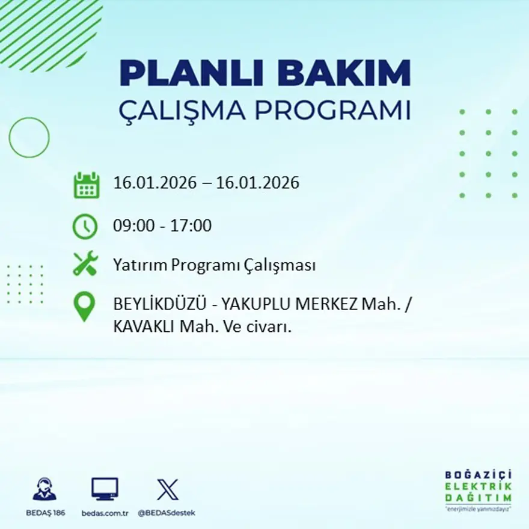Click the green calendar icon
tap(86, 185)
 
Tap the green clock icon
tap(85, 227)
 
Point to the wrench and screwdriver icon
tap(85, 264)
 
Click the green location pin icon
tap(84, 306)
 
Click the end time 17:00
tap(192, 226)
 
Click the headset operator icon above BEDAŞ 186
tap(44, 489)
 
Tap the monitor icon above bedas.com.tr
tap(105, 489)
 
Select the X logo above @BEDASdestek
tap(167, 489)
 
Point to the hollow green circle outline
tap(29, 138)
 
